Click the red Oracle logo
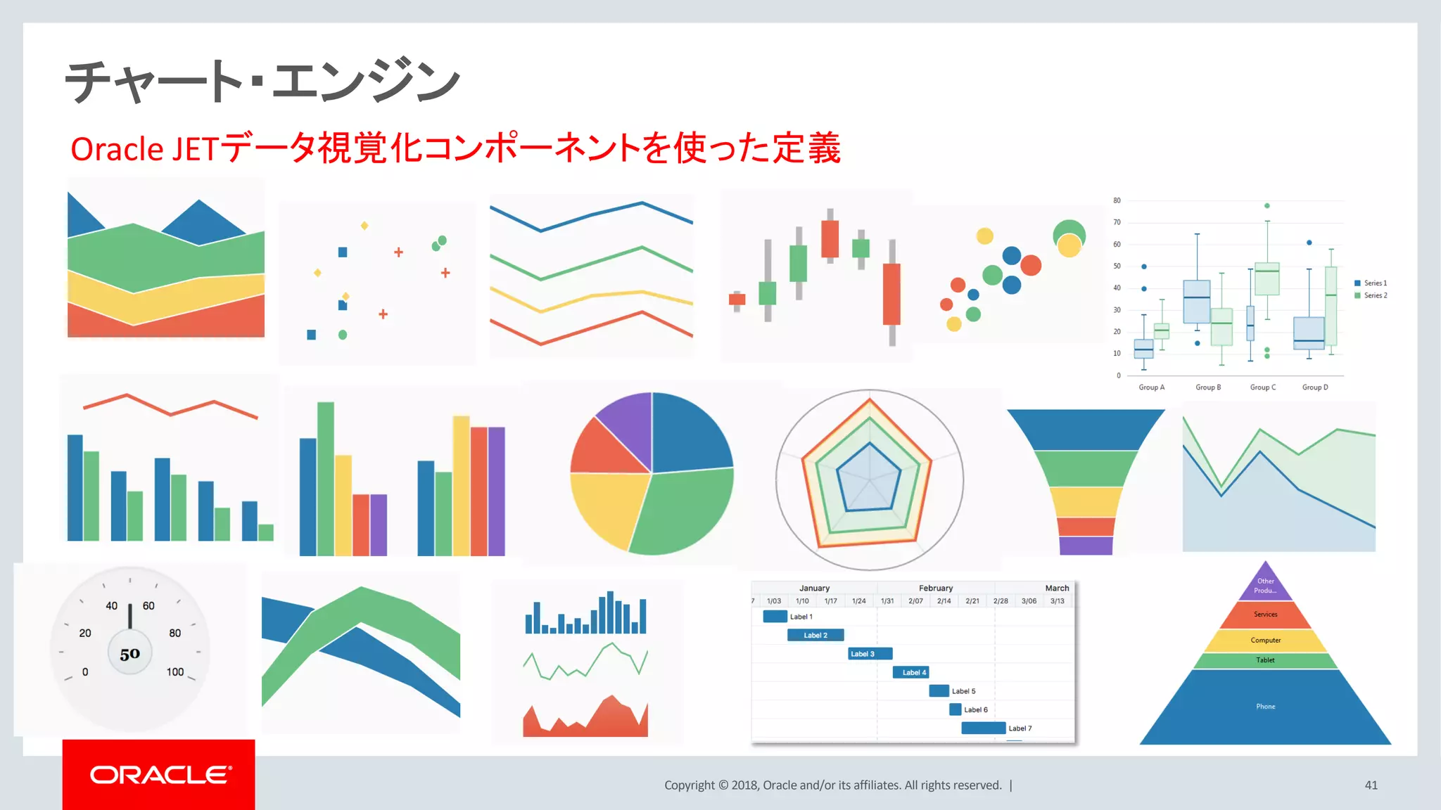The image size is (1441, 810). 159,774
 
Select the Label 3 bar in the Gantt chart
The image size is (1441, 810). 870,654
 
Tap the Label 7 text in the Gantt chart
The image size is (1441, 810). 1020,728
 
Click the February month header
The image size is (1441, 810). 935,588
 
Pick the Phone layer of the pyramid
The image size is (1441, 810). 1265,707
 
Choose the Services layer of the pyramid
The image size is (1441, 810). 1265,615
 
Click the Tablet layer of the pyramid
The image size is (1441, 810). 1265,660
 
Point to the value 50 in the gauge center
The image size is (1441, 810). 130,654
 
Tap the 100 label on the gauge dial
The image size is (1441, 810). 175,672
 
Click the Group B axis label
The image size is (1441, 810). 1208,387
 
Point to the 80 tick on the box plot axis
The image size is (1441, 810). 1117,200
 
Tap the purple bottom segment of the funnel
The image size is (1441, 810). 1086,546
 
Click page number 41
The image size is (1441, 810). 1371,785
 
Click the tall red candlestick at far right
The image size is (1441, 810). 891,293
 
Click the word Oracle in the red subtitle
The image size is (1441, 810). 117,149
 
